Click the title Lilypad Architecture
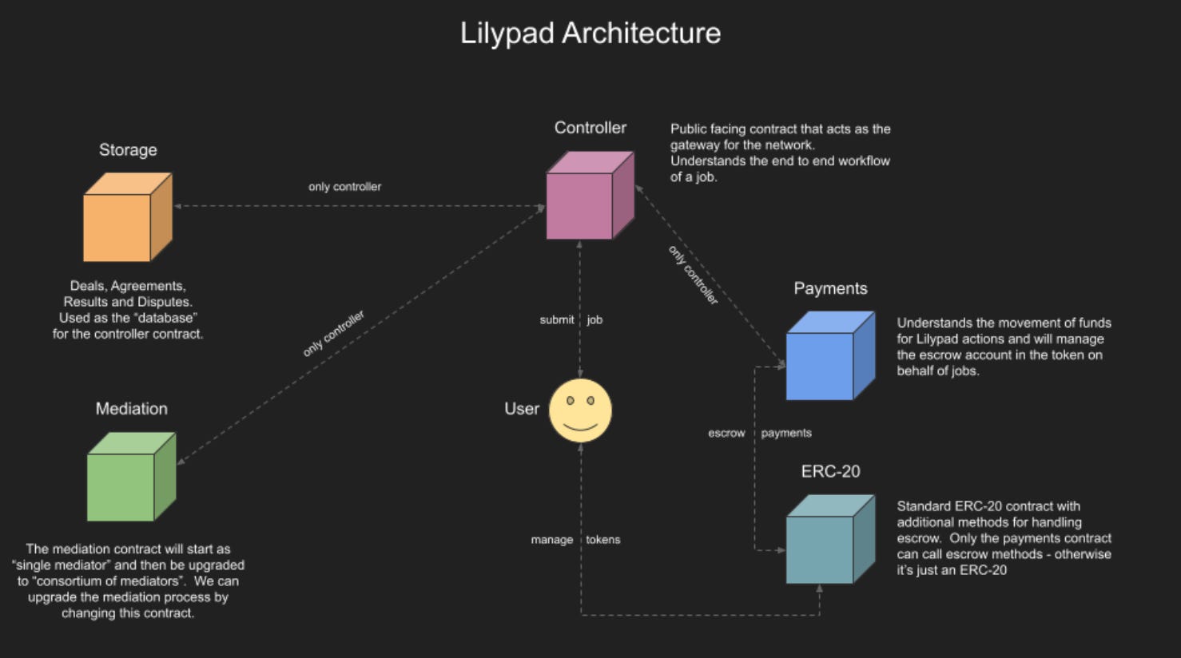pos(590,34)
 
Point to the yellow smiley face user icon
pos(580,410)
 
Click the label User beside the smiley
pos(522,409)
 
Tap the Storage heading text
pos(128,150)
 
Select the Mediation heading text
pos(132,409)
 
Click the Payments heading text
pos(830,289)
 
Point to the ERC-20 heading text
pos(830,472)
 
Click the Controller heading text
pos(590,128)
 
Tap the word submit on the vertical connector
pos(556,320)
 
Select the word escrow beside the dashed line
pos(726,434)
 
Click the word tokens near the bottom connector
pos(602,540)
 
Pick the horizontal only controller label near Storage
pos(344,187)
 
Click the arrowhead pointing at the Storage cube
pos(178,206)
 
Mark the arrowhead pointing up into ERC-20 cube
pos(819,589)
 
